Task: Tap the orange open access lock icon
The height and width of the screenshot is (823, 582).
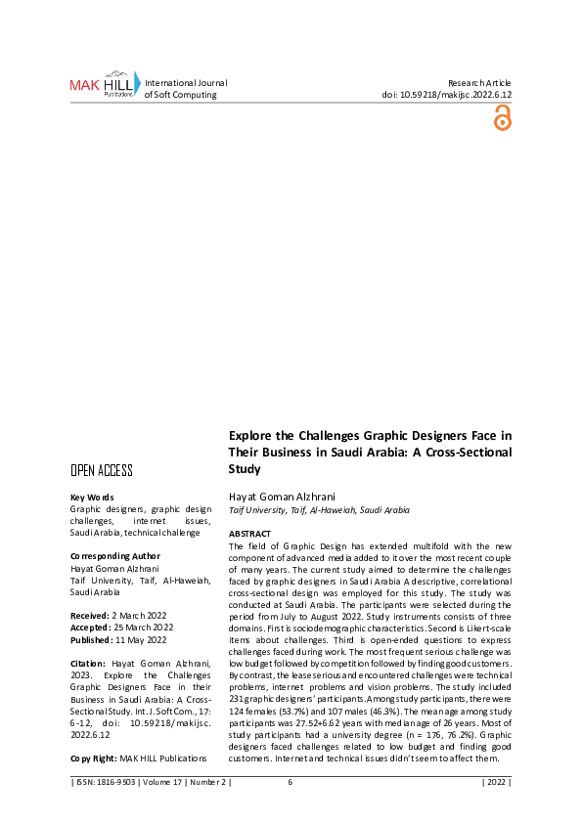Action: tap(502, 118)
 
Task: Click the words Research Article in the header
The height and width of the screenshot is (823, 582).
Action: tap(479, 83)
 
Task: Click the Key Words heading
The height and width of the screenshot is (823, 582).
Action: tap(92, 498)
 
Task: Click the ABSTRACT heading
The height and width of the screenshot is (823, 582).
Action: tap(249, 534)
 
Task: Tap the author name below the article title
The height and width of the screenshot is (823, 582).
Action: tap(277, 498)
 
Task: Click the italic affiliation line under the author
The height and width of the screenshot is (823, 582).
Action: tap(319, 510)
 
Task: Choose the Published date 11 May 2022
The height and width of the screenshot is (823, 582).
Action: tap(143, 639)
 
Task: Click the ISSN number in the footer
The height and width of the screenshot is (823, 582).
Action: tap(114, 782)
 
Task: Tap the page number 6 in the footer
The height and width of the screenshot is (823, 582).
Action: tap(291, 782)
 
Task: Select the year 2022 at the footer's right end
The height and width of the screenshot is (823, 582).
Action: tap(496, 782)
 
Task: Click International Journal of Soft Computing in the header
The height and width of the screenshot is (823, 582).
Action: tap(186, 89)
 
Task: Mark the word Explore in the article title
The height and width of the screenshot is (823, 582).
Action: tap(249, 435)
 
